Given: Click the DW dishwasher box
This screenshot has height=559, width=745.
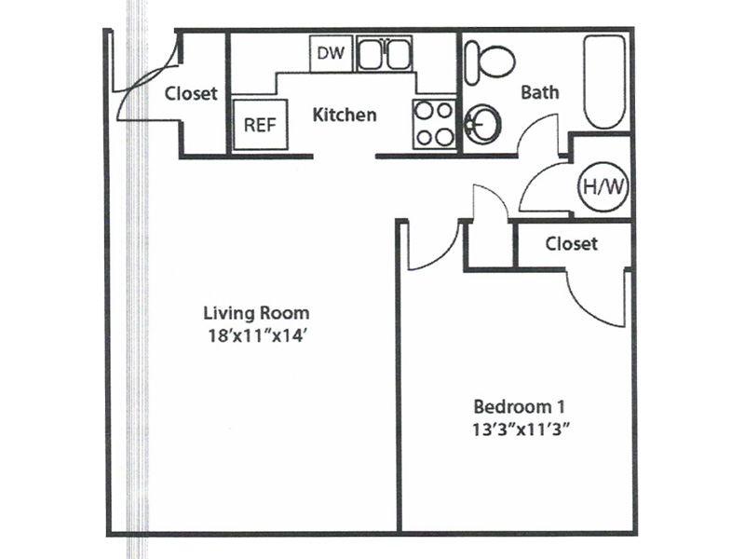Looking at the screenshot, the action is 331,54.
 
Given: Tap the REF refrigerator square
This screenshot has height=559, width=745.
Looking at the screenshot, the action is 260,125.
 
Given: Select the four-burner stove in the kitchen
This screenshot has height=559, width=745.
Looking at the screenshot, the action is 434,125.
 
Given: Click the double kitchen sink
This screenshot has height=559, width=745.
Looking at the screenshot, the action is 385,54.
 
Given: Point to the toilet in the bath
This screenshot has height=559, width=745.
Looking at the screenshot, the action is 490,62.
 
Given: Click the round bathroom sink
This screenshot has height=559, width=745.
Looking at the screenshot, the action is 482,125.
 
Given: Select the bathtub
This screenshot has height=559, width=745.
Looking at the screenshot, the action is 603,82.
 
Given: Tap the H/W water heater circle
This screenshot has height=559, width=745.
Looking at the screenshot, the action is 603,187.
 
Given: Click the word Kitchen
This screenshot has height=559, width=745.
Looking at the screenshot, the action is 345,115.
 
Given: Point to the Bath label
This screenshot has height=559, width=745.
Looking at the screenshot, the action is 540,91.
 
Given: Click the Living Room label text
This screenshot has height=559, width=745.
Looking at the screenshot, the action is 257,313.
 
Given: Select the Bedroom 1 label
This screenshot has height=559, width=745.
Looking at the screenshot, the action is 520,407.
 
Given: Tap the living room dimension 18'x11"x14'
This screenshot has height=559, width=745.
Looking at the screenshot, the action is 256,335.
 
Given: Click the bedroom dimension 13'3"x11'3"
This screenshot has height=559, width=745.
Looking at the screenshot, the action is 521,429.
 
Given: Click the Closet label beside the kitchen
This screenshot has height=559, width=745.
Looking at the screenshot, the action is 191,93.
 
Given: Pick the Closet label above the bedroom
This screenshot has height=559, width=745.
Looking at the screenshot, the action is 571,244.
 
